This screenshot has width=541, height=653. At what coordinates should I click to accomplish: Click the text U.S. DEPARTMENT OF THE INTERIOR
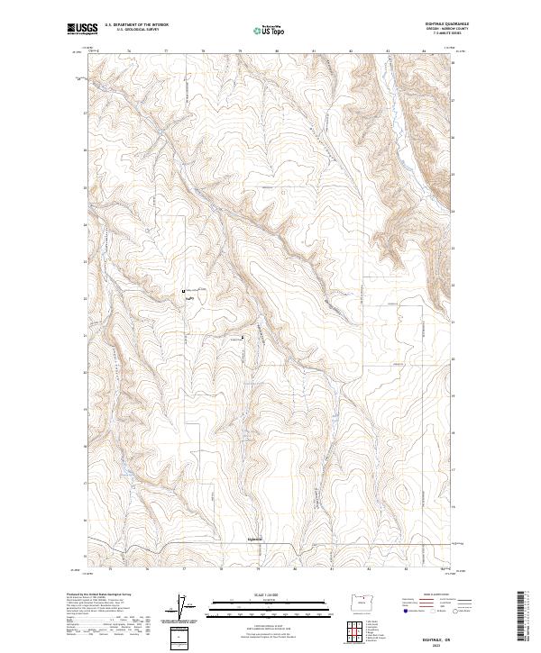(x=135, y=25)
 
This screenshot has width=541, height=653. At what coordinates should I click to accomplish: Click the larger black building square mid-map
(x=185, y=291)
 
